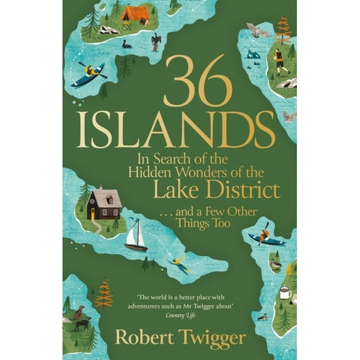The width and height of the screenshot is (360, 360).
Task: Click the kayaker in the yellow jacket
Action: (x=89, y=72)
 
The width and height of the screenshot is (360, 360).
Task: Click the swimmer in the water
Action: (x=179, y=266)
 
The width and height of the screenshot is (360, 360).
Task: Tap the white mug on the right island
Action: (x=285, y=291)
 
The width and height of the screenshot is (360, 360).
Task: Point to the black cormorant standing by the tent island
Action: (x=156, y=42)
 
